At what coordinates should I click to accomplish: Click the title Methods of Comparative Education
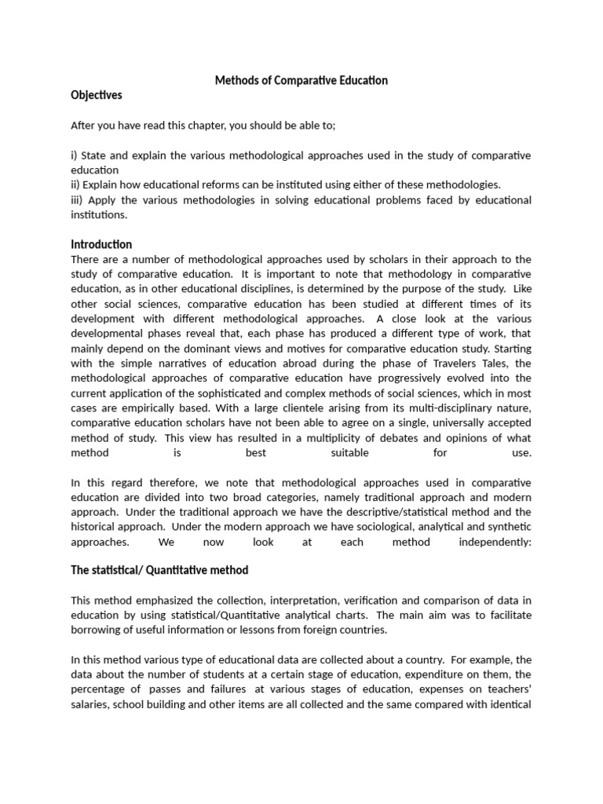[x=301, y=81]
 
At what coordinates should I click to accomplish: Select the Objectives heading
[x=97, y=96]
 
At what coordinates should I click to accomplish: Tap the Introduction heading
[x=101, y=244]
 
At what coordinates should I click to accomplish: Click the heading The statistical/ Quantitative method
[x=159, y=569]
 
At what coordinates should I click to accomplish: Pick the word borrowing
[x=96, y=630]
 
